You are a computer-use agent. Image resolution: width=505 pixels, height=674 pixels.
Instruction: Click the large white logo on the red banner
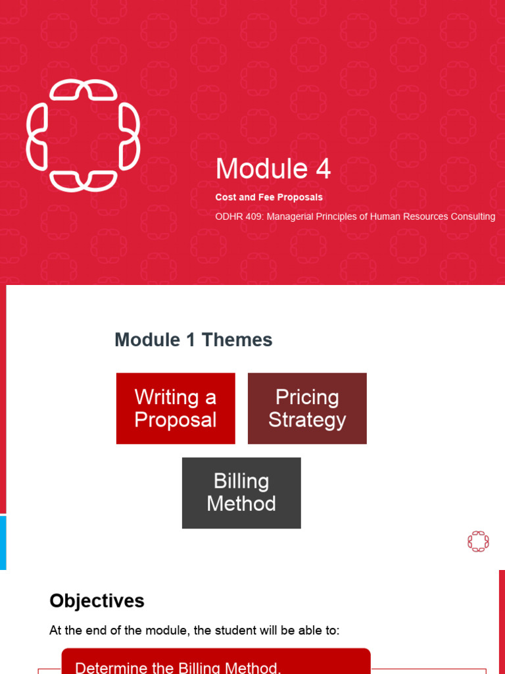tap(83, 136)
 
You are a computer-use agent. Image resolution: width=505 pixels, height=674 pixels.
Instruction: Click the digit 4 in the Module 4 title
tap(323, 169)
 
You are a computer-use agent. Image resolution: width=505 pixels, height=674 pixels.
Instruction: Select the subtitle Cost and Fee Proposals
tap(269, 197)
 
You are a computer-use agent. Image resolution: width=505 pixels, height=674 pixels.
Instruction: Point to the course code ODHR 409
tap(242, 217)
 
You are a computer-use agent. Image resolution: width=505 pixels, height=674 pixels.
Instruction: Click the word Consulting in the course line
tap(471, 217)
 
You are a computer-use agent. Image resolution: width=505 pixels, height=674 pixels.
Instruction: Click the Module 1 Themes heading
tap(193, 340)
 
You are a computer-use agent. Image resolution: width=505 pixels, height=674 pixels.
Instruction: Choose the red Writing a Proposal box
tap(176, 408)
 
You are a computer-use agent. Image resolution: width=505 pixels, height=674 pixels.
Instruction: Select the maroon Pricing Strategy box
tap(307, 408)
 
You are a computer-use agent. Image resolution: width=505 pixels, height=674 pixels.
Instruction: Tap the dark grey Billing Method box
tap(241, 492)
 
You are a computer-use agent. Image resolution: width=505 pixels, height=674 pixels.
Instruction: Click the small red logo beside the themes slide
tap(478, 542)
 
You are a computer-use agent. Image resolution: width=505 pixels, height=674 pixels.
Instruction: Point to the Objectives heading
tap(97, 601)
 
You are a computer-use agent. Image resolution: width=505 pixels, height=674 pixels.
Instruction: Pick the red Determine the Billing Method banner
tap(216, 663)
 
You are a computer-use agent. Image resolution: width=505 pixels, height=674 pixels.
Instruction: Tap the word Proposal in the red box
tap(176, 420)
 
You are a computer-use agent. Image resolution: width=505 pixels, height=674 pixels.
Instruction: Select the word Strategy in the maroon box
tap(307, 420)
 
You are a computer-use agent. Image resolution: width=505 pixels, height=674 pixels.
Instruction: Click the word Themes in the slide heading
tap(237, 340)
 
